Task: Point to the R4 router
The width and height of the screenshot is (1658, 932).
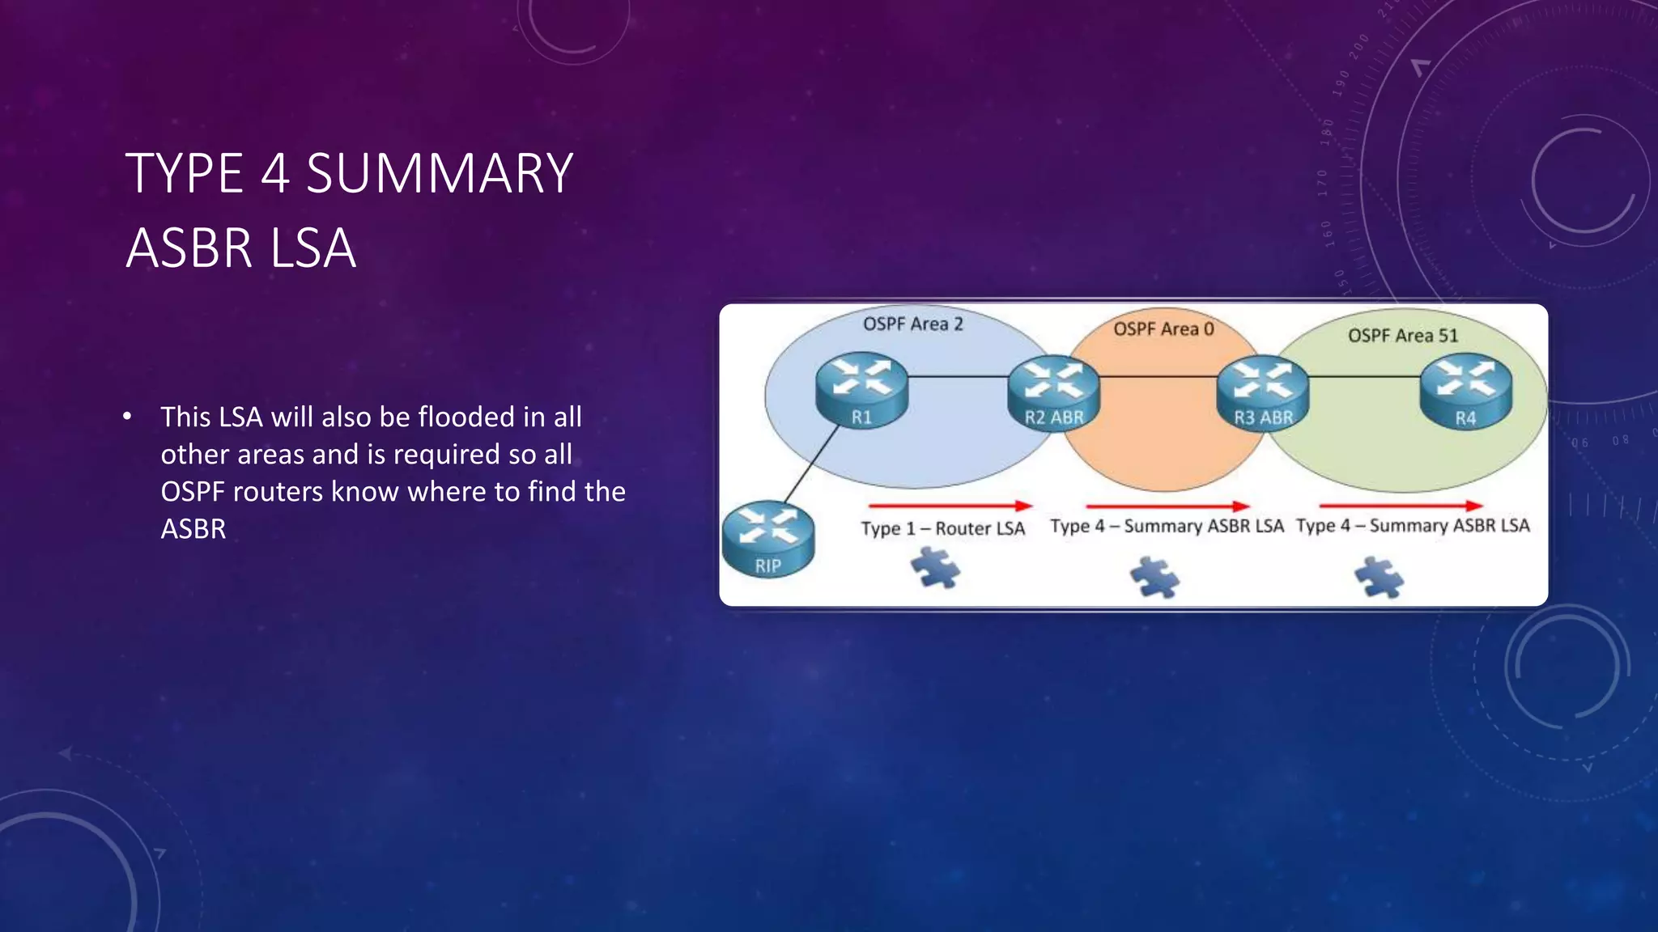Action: (x=1465, y=392)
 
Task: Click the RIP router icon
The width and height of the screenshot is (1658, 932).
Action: (x=767, y=540)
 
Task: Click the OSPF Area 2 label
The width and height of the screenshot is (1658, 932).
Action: (x=912, y=324)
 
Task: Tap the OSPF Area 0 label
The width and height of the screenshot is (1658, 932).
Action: (x=1163, y=329)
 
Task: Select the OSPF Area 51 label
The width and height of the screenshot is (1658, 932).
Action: (x=1402, y=336)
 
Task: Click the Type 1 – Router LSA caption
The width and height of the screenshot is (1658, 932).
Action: (x=942, y=529)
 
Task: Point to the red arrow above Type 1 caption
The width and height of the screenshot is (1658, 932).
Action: (x=949, y=506)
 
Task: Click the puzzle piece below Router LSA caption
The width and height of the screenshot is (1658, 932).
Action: (x=935, y=568)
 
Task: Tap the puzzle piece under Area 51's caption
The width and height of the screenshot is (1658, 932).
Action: (x=1379, y=578)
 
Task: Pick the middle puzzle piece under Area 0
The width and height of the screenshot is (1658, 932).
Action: (x=1154, y=578)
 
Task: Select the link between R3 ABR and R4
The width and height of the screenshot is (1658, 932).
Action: (x=1364, y=377)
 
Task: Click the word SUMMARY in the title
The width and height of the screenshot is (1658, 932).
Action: (x=440, y=174)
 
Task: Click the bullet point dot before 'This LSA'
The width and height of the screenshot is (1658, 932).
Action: (x=127, y=417)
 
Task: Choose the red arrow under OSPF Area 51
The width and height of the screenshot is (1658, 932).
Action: (x=1401, y=506)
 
